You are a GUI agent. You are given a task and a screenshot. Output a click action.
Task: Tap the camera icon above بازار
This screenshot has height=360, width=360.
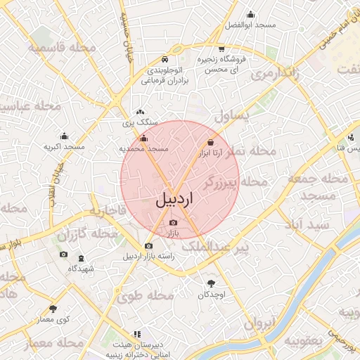[174, 223]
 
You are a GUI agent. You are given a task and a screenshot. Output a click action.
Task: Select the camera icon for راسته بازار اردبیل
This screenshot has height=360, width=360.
[148, 246]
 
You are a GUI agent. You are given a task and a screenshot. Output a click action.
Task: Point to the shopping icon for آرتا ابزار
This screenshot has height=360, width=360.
[211, 141]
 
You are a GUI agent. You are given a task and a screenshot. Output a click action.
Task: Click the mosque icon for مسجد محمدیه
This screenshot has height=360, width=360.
[144, 139]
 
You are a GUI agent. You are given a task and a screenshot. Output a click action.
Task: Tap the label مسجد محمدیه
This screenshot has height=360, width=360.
[144, 149]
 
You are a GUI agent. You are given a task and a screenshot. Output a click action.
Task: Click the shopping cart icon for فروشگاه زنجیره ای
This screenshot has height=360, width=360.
[221, 49]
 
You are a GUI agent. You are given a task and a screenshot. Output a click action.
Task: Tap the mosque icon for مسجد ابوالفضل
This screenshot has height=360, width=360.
[250, 14]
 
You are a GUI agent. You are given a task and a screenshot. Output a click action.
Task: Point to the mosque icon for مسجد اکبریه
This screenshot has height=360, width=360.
[64, 136]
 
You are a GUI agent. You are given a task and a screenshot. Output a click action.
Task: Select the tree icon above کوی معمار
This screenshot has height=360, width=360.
[53, 309]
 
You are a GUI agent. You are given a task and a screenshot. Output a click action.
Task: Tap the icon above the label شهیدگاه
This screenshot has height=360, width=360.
[81, 258]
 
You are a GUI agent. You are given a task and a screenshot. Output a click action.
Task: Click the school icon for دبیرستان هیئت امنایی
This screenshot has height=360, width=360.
[136, 335]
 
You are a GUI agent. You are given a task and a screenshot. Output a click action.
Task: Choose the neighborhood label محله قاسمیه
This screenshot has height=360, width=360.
[62, 46]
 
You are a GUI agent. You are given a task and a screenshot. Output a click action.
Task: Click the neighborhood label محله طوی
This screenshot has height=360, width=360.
[139, 297]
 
